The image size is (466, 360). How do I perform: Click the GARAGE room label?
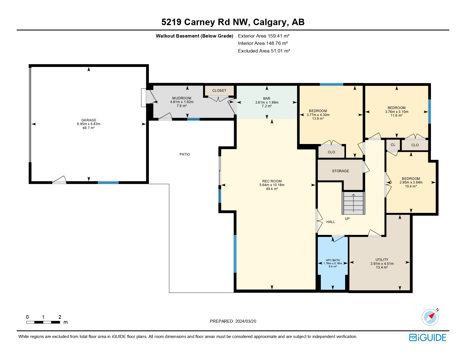[89, 120]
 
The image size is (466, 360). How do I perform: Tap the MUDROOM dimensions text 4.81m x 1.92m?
[182, 102]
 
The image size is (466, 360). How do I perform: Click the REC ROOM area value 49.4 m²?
[272, 189]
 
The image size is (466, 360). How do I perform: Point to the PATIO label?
[185, 154]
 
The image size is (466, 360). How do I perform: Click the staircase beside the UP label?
[353, 203]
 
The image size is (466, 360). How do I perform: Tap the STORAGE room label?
[340, 171]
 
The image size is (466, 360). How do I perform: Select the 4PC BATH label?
[333, 260]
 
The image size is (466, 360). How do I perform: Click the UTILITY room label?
[382, 260]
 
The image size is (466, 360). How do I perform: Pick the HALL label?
[331, 222]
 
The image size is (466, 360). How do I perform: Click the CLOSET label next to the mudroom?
[219, 91]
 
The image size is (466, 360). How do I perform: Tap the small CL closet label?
[393, 145]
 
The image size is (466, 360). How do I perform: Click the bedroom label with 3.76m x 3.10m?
[397, 108]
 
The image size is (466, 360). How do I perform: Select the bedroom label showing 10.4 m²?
[411, 179]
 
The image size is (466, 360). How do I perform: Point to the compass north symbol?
[430, 317]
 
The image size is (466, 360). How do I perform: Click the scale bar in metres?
[43, 322]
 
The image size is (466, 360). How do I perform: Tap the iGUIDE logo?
[428, 338]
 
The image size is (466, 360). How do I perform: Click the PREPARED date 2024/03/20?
[233, 321]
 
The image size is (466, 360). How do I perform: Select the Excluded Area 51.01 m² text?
[264, 51]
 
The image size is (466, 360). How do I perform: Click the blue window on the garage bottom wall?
[108, 183]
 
